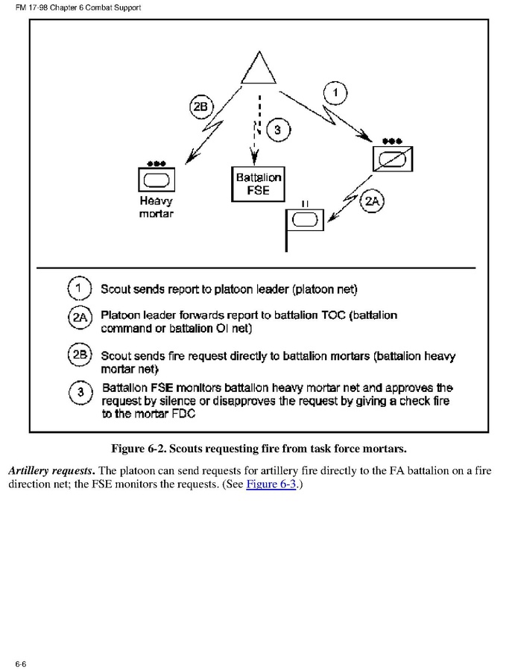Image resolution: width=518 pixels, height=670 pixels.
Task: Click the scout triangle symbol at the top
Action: (x=258, y=69)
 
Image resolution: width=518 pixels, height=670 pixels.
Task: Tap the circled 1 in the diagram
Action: (x=337, y=93)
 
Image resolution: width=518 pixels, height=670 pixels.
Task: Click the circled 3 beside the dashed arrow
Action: (x=278, y=131)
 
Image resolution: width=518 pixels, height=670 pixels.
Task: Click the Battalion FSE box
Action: (x=258, y=184)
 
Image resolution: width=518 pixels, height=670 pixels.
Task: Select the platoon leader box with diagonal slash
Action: (x=392, y=159)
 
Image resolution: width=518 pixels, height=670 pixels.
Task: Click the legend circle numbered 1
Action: (x=80, y=288)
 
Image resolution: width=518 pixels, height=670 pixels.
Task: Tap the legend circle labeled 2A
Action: (x=80, y=318)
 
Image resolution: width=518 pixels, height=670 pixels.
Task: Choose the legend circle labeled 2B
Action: (x=80, y=355)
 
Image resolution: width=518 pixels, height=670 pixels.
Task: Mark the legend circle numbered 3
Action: (x=80, y=394)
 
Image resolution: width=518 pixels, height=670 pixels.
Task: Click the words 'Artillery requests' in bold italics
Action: (x=51, y=470)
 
